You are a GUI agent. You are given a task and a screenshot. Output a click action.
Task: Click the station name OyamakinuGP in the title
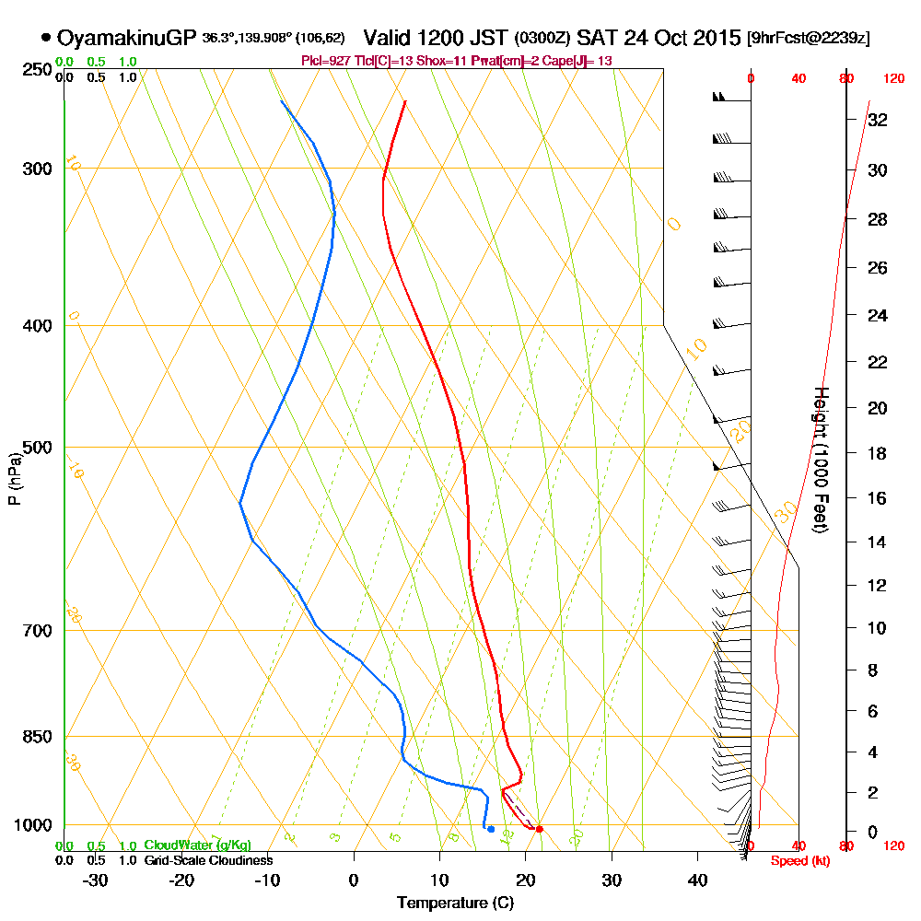126,39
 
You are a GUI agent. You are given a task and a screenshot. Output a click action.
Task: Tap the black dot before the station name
46,39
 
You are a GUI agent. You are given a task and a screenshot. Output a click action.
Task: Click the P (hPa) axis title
14,479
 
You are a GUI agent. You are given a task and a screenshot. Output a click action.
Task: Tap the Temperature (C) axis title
455,903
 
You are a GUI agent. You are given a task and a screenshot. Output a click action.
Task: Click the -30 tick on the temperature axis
96,880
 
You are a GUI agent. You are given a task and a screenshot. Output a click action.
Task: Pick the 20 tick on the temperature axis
526,880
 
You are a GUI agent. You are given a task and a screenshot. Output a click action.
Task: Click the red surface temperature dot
539,829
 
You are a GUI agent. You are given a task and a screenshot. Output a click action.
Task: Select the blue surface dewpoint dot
491,829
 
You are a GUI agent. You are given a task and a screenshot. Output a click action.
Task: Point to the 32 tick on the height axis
878,120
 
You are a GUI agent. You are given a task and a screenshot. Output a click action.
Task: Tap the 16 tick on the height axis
878,498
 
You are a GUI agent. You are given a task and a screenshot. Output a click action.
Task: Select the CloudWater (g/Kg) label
197,845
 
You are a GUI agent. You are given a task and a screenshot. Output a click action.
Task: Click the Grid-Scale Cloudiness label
208,860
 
